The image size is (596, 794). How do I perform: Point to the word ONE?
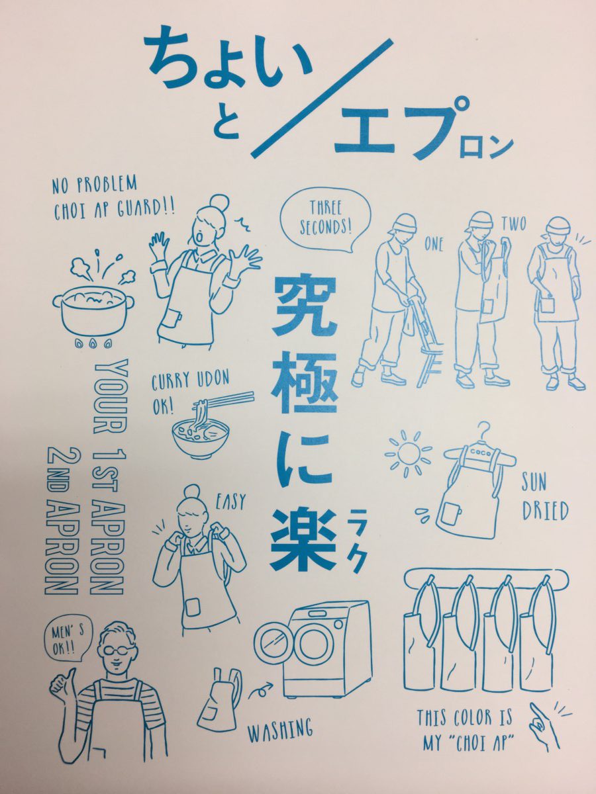point(434,245)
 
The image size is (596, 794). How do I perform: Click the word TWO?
point(513,224)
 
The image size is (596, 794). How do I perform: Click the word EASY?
point(230,502)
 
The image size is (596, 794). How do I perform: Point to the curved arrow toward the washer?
point(260,691)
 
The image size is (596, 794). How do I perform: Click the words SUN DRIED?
point(544,499)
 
